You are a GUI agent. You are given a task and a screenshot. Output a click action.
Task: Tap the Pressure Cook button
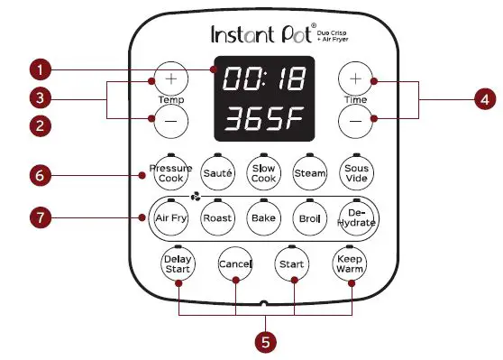(171, 173)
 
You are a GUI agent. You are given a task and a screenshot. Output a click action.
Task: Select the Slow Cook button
(264, 173)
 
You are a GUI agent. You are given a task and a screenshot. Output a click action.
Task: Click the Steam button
(310, 172)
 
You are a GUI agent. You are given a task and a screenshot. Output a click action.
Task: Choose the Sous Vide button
(354, 173)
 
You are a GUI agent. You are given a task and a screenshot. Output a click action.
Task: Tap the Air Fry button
(171, 219)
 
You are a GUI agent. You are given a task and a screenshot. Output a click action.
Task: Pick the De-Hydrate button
(354, 219)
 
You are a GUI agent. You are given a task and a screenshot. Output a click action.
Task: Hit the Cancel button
(235, 264)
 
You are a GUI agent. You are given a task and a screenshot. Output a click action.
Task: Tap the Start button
(291, 264)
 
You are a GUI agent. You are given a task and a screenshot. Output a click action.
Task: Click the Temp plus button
(170, 79)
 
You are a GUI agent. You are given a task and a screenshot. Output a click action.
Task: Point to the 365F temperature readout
(263, 119)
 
